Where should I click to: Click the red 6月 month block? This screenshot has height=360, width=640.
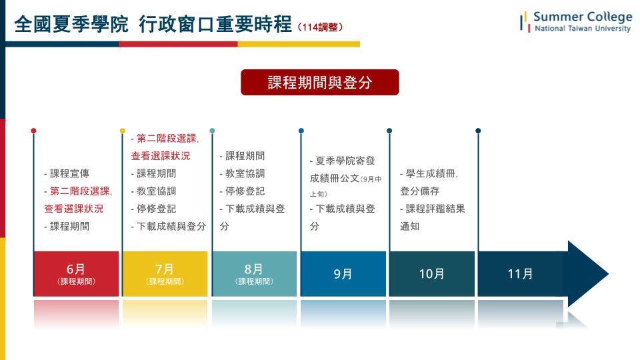coord(76,273)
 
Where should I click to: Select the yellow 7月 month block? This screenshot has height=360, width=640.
coord(165,273)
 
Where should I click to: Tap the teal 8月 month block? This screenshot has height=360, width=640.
coord(254,273)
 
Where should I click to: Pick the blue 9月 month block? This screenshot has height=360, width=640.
coord(343,273)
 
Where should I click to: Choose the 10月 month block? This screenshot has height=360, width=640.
coord(432,273)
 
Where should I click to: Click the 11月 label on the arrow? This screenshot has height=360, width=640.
coord(521,273)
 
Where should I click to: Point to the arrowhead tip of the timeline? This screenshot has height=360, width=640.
coord(608,273)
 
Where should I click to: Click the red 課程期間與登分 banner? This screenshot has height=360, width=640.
coord(319,83)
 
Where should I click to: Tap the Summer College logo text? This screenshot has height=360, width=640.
coord(583,17)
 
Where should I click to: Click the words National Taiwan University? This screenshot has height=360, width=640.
coord(583,29)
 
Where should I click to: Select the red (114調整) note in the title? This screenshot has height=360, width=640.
coord(321,27)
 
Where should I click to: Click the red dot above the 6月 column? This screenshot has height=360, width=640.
coord(33,131)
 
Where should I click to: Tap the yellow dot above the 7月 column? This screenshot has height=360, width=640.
coord(123,131)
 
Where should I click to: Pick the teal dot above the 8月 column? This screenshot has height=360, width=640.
coord(212,131)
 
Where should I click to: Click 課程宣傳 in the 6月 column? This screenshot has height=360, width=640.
coord(69,173)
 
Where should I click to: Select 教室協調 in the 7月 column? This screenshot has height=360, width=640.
coord(156,191)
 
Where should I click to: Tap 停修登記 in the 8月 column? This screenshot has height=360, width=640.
coord(245,191)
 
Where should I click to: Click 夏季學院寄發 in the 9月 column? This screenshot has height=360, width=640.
coord(345,161)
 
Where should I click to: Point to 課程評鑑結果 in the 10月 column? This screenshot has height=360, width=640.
coord(435,209)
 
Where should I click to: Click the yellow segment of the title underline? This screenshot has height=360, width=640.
coord(299,44)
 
